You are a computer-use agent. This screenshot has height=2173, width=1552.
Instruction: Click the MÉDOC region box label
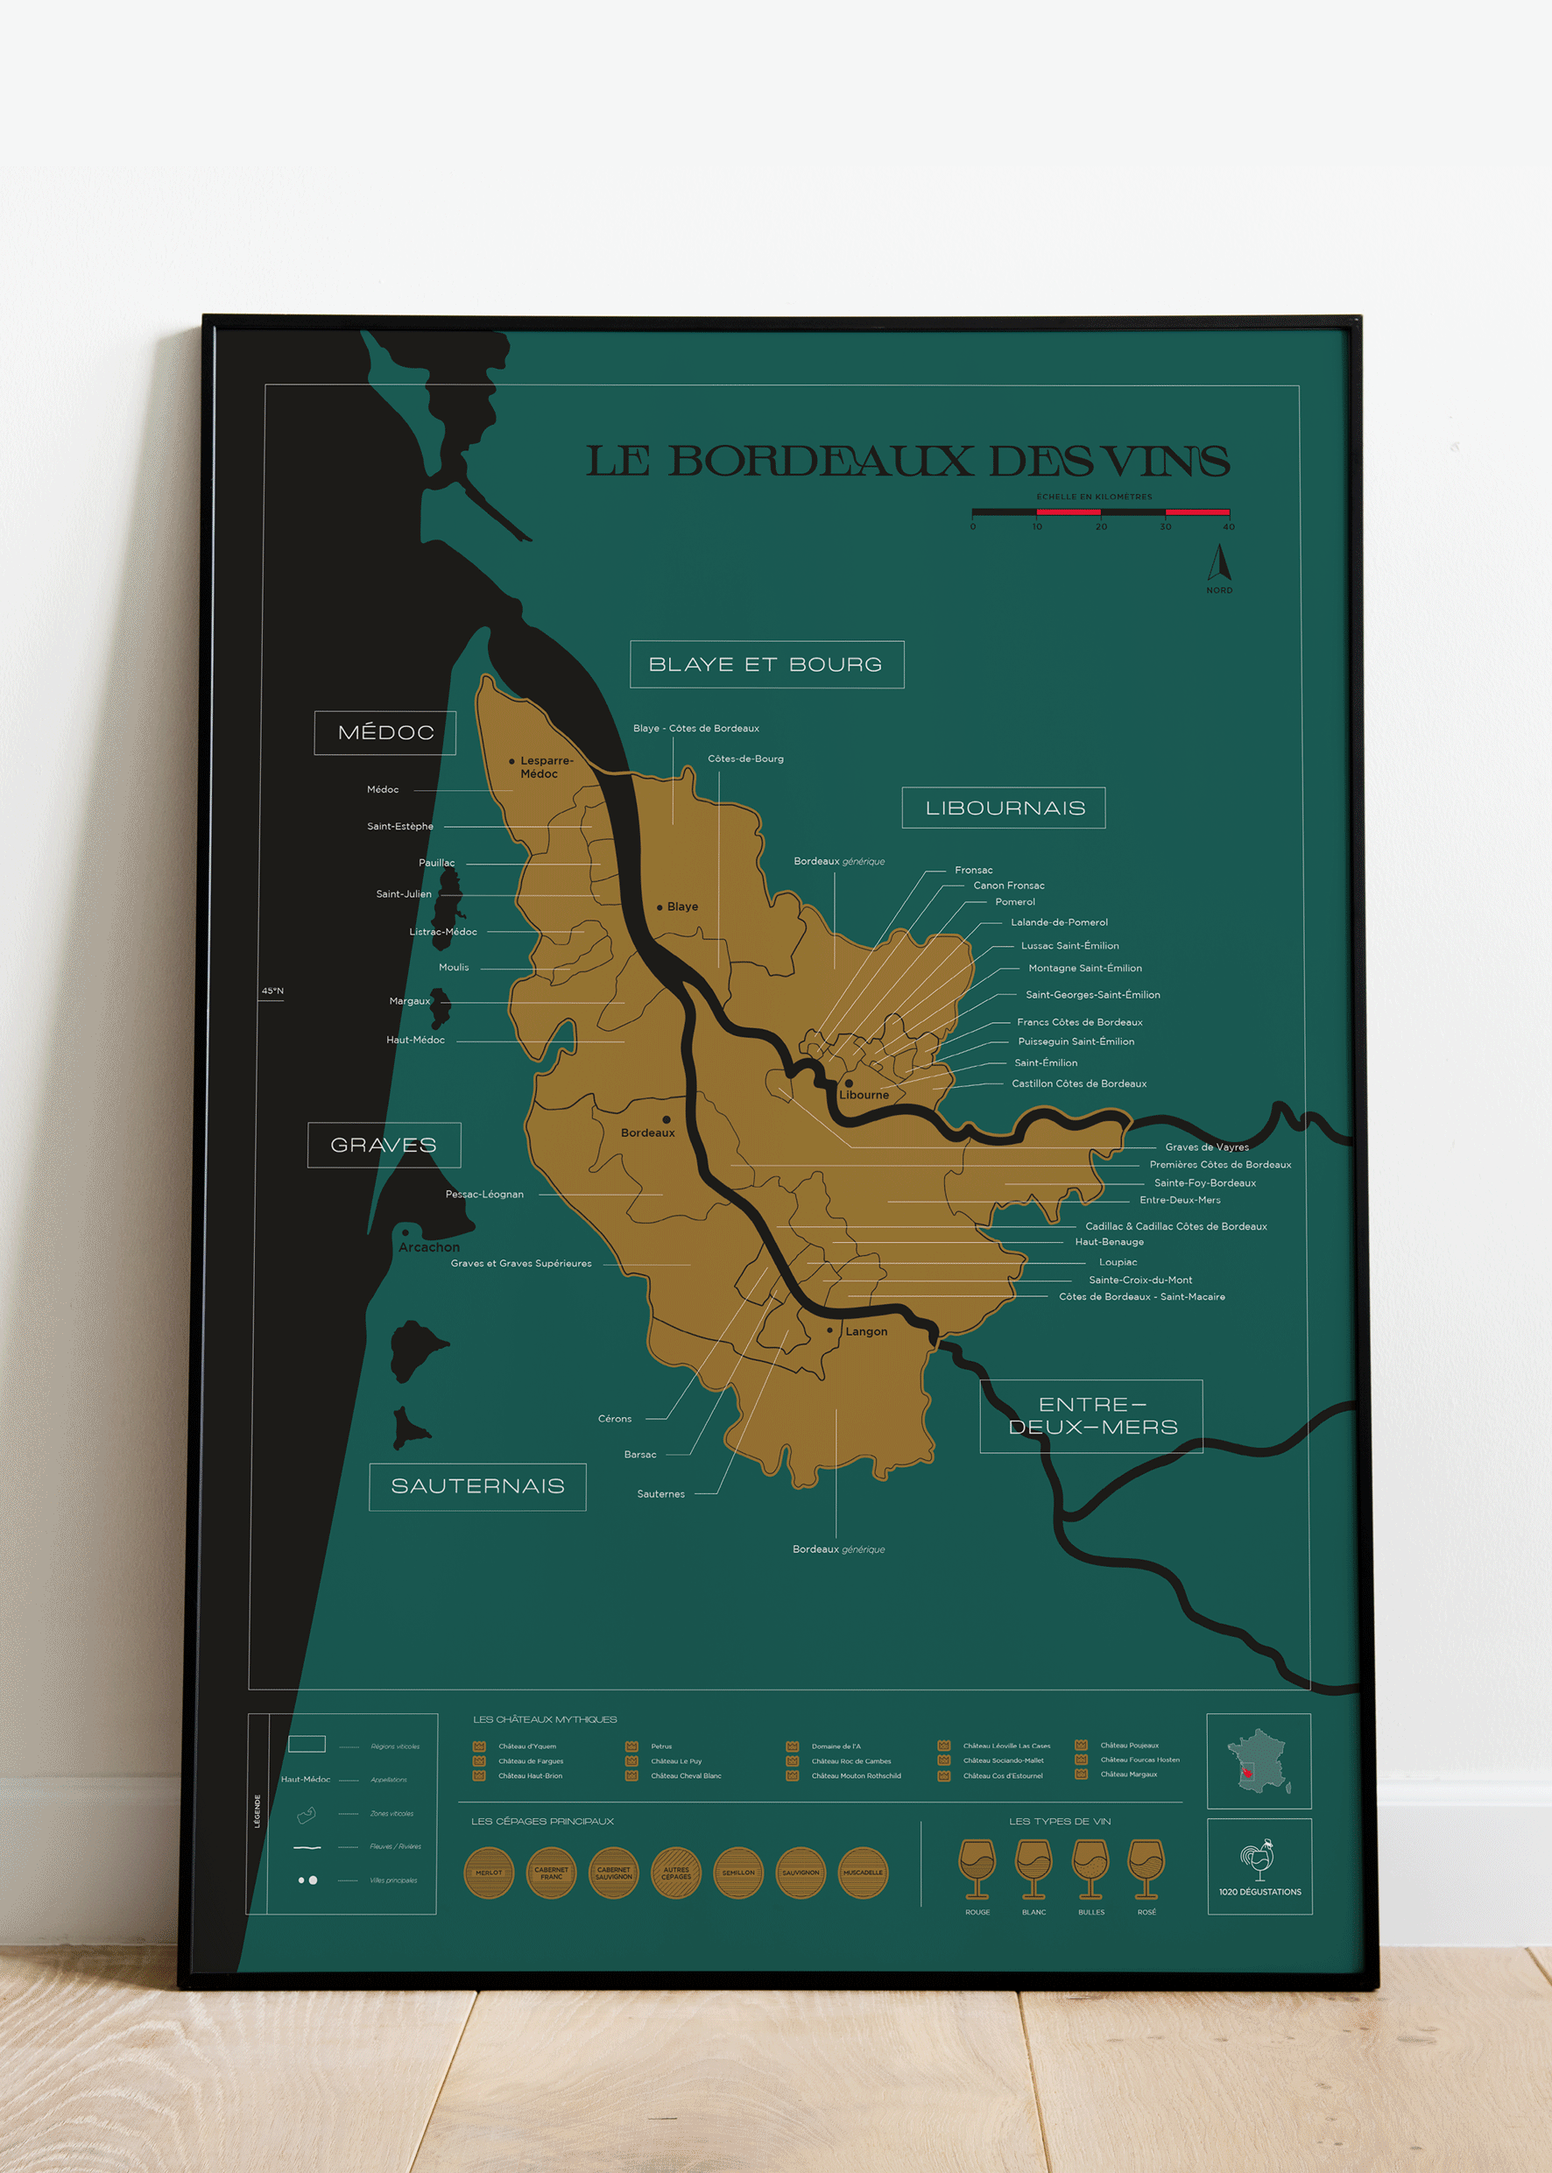385,733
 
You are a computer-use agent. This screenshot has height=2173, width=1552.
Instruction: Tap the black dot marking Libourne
849,1083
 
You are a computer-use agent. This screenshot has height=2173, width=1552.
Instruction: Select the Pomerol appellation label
1014,901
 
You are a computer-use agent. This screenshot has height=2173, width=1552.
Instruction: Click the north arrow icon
1218,563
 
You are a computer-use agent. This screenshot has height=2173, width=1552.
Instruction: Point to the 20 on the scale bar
1101,526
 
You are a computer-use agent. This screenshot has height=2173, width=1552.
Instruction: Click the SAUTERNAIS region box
476,1486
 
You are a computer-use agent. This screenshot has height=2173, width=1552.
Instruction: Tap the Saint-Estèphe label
399,826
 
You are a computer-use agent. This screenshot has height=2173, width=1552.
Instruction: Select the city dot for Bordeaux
667,1119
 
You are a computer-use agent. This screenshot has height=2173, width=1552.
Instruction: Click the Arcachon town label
429,1247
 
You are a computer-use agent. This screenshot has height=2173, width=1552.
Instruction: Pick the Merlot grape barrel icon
489,1872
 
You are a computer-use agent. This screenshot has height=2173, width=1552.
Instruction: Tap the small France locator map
1259,1761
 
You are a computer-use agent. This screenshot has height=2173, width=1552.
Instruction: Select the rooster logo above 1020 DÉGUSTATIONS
1259,1859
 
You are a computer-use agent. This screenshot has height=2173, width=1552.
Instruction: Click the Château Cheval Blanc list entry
685,1775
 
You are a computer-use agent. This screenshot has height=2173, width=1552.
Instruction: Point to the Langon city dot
829,1330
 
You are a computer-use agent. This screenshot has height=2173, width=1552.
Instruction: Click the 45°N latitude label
272,991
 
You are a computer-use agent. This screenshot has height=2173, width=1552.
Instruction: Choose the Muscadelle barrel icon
862,1872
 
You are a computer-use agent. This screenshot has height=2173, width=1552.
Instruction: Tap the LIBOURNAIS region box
1005,808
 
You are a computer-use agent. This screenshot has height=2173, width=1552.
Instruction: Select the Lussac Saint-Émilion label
1069,945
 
